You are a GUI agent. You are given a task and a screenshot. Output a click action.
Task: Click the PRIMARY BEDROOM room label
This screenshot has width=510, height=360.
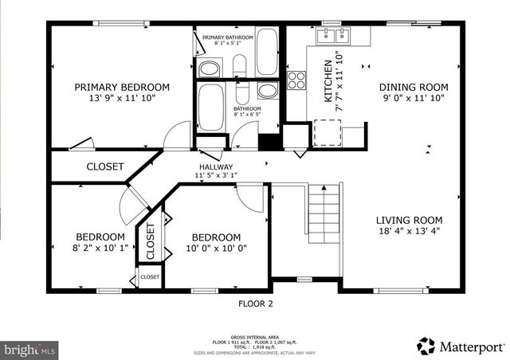click(122, 87)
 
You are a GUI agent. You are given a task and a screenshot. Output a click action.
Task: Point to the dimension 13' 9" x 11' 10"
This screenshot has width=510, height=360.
click(122, 98)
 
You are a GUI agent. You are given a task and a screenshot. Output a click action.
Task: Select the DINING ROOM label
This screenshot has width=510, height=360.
click(413, 87)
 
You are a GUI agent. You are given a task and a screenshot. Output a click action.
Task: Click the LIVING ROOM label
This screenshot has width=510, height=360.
click(410, 220)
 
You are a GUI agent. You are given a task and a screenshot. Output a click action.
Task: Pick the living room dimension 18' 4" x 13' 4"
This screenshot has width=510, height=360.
click(410, 231)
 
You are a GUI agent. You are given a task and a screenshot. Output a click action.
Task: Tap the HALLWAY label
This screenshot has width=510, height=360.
click(215, 167)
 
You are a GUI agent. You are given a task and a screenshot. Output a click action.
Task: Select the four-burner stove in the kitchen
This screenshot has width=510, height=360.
click(296, 80)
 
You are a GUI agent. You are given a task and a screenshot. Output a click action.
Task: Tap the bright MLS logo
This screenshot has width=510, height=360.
click(29, 349)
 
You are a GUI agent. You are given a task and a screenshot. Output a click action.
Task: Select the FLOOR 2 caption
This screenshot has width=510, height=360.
click(256, 303)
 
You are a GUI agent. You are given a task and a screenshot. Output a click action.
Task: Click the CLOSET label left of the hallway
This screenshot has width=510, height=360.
click(105, 166)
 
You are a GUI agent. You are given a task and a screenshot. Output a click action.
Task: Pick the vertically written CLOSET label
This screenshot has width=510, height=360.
click(150, 241)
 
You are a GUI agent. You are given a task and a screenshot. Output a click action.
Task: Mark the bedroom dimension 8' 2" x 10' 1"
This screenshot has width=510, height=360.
click(100, 248)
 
